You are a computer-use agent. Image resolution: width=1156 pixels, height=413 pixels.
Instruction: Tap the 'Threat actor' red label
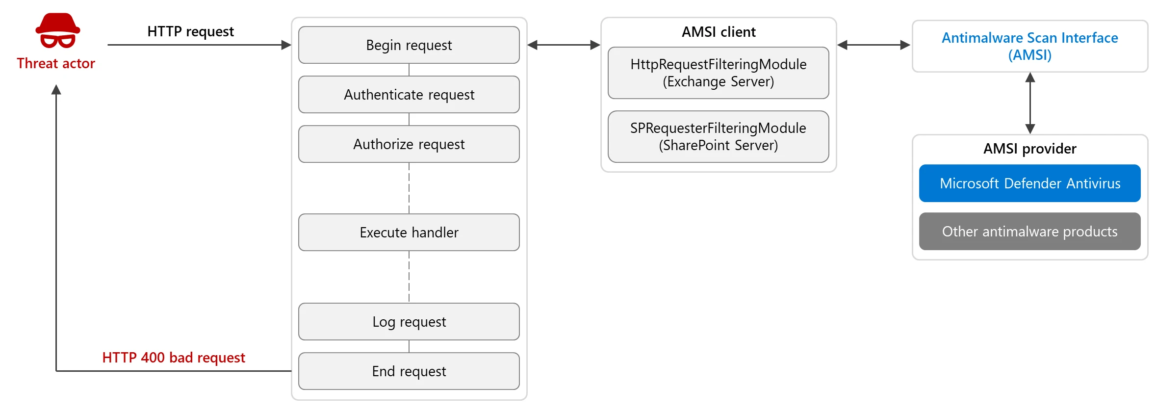point(56,64)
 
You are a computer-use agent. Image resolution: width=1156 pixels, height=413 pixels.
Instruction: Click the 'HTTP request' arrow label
point(190,32)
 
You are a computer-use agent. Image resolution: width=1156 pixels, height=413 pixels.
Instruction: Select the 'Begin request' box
point(409,45)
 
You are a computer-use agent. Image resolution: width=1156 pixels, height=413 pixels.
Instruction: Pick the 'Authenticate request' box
point(409,95)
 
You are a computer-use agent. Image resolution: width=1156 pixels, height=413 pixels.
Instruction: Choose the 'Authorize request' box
point(409,144)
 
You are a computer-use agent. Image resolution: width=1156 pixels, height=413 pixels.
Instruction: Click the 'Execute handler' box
point(409,232)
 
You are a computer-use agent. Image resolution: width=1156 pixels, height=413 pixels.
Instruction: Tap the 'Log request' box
point(409,322)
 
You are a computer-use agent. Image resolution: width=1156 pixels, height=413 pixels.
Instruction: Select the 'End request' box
point(409,371)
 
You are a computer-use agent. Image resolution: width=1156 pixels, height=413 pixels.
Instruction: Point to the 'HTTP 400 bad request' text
point(174,358)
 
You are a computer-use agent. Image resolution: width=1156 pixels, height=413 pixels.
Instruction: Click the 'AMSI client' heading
point(718,32)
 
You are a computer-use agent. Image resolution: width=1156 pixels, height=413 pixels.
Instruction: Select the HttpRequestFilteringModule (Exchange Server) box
point(718,73)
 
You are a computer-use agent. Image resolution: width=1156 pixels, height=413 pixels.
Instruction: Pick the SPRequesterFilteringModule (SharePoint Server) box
point(718,137)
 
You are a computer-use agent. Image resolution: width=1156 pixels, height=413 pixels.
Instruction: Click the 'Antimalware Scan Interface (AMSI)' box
point(1029,47)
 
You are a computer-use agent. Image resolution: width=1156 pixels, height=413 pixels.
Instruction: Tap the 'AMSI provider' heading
point(1029,149)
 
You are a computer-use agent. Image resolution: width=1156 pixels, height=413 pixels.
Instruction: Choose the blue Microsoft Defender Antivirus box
point(1029,183)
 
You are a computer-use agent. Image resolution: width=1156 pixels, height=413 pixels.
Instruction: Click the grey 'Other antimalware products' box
point(1029,232)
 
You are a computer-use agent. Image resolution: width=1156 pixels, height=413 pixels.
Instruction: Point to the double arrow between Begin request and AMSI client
point(564,45)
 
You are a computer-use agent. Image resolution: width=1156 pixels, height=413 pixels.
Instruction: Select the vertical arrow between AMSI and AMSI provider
point(1030,103)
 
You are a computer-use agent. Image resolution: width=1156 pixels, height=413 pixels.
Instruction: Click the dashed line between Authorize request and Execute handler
point(409,188)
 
